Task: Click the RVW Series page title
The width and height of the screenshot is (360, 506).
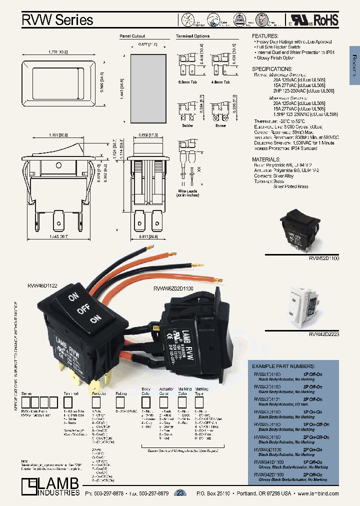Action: (57, 20)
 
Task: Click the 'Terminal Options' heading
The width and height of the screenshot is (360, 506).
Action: (192, 36)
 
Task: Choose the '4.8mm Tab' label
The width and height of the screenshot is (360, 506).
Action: (220, 81)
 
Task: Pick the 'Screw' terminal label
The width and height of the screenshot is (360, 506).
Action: (220, 125)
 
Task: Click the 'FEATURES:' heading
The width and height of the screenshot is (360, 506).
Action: (265, 36)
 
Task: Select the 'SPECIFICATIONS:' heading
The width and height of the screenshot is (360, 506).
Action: (272, 68)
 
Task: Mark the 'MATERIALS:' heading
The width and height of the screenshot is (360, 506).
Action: (268, 159)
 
